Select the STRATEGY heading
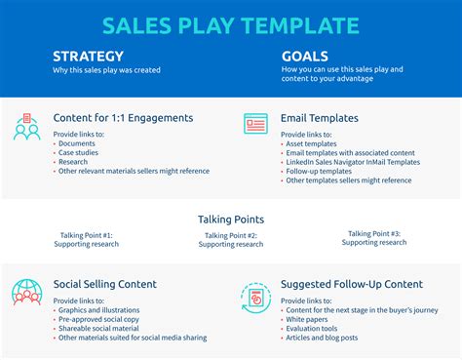click(88, 57)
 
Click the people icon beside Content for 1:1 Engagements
click(27, 127)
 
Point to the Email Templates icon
click(256, 124)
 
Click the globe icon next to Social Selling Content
click(27, 292)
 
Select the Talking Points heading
click(230, 220)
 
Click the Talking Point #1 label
click(86, 235)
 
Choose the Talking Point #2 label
click(230, 235)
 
